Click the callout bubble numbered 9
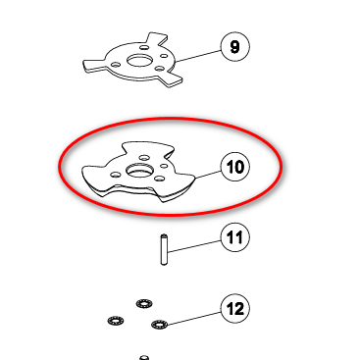[235, 47]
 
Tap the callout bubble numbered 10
[235, 167]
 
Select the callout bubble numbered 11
[235, 237]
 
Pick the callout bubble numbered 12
[235, 308]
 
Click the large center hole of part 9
[139, 61]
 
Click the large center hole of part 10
[139, 171]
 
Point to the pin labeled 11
[164, 249]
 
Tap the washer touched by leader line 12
[160, 325]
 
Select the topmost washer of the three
[144, 304]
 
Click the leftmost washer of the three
[116, 320]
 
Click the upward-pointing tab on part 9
[157, 40]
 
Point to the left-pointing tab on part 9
[95, 65]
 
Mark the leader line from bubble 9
[198, 56]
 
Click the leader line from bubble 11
[194, 246]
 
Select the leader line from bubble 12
[194, 318]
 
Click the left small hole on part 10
[115, 175]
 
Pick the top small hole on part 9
[144, 48]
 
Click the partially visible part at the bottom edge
[144, 357]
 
